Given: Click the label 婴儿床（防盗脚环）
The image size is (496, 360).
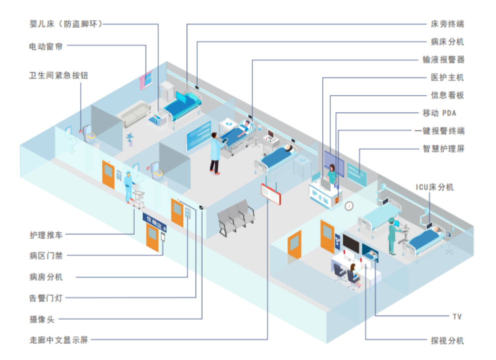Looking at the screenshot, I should pos(66,24).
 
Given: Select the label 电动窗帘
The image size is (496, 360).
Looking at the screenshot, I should pos(46,46).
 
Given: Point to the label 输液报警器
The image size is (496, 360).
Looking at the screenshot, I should pos(443,59).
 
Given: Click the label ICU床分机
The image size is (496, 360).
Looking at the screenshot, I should pos(434,187).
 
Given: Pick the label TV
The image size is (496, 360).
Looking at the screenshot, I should pos(456,316).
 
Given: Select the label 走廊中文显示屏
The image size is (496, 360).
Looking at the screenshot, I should pos(59,340).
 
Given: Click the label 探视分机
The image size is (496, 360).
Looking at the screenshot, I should pos(447,340).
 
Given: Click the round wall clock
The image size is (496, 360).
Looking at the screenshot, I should pos(349,205).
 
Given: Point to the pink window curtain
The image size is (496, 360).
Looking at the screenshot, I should pos(147,80).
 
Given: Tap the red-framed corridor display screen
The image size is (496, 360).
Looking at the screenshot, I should pos(271,193).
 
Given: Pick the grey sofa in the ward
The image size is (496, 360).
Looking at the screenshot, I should pos(134,114).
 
